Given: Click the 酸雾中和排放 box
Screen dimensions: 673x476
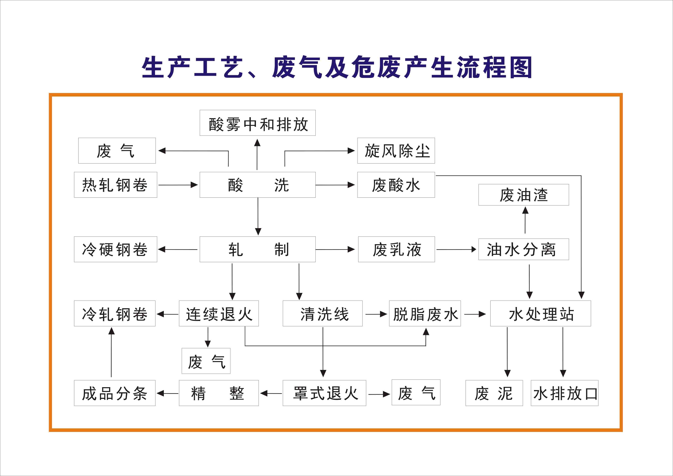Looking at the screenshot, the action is point(257,123).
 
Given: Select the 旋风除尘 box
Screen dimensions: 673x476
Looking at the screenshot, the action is point(396,151).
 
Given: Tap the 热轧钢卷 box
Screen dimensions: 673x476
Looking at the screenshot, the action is point(115,185).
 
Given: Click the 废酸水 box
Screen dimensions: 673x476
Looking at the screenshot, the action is point(396,185).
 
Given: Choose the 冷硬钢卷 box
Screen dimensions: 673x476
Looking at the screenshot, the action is point(115,249).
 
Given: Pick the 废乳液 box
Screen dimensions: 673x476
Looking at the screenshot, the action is point(396,249).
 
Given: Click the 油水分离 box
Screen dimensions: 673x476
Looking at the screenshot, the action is point(524,249).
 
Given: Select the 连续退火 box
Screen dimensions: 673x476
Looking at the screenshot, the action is point(219,313).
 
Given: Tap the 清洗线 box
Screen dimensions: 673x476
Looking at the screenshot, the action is point(322,313).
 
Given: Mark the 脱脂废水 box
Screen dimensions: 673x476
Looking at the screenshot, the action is point(425,313).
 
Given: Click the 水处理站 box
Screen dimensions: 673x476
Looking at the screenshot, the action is point(540,313).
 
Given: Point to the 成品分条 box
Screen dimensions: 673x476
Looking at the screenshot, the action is point(115,393).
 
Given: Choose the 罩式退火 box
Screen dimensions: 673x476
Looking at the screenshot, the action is point(324,393).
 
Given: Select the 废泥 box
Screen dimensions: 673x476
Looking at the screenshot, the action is point(494,393).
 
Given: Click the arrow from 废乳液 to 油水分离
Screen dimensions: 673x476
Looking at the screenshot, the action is point(456,249).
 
